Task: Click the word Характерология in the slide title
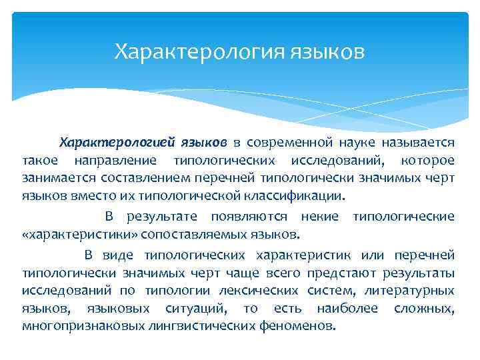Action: [x=199, y=51]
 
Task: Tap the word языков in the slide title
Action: [x=327, y=51]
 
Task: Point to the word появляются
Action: [x=250, y=217]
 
